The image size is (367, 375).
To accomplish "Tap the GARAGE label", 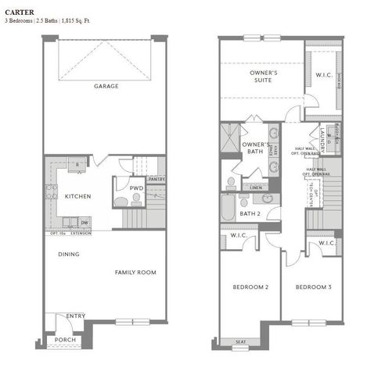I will (106, 86).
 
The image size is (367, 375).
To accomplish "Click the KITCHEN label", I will (77, 196).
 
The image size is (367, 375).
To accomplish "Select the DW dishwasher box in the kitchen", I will (85, 223).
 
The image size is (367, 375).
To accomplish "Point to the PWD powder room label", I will (136, 188).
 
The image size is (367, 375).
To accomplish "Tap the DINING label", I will (68, 254).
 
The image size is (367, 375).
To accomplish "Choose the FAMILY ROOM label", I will (135, 272).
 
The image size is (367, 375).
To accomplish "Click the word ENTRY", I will (76, 316).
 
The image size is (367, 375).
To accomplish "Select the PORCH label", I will (66, 341).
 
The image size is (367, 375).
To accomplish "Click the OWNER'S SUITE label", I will (264, 76).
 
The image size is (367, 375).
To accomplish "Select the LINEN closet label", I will (256, 188).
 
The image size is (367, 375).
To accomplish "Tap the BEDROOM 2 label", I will (250, 287).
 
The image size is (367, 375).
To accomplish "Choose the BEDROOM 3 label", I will (313, 287).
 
